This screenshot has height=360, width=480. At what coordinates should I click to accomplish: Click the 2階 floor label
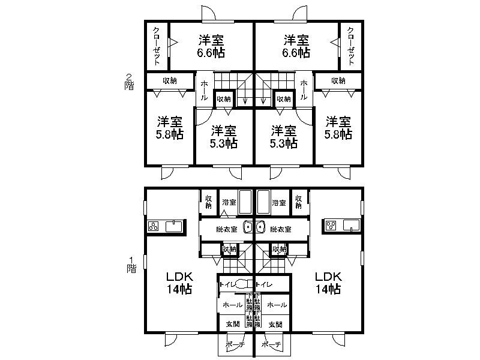coord(129,81)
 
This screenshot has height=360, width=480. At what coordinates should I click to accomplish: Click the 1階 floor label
coord(131,265)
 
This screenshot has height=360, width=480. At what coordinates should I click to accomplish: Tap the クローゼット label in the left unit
coord(157,46)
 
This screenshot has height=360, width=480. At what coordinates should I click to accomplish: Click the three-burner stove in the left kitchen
coord(153,226)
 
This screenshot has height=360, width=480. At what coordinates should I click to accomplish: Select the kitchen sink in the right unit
coord(352,226)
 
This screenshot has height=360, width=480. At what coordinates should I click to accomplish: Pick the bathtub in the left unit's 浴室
coord(245,202)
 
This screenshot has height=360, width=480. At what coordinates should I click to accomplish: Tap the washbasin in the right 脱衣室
coord(260,227)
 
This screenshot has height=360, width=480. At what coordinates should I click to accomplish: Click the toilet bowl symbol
coord(243,284)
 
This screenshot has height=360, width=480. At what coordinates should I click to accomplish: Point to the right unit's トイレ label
coord(265,284)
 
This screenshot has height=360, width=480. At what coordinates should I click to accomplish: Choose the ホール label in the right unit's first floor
coord(276,305)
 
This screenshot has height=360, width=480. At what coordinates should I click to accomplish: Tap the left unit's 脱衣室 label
coord(226,229)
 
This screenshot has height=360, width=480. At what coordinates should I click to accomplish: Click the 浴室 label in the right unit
coord(278,202)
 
